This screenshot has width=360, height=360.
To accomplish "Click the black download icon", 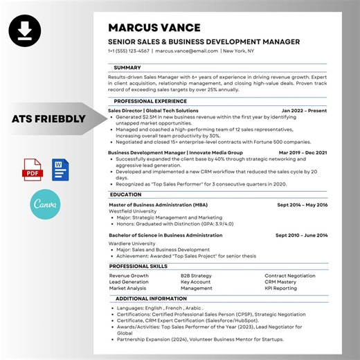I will (x=25, y=30).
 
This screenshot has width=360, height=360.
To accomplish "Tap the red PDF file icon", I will (x=33, y=169).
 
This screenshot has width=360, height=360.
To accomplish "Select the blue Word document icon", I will (x=60, y=169).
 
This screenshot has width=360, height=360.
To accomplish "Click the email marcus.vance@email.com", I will (x=186, y=51).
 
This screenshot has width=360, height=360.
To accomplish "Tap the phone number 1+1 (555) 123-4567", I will (x=129, y=51).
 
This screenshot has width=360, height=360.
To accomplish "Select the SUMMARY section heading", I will (x=127, y=67).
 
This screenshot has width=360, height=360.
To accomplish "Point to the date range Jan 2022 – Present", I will (x=305, y=110).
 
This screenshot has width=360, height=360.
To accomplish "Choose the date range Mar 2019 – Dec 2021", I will (x=303, y=152).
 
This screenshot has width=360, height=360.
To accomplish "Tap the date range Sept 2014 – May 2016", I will (x=303, y=204).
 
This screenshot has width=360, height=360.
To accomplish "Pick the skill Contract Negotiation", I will (x=290, y=276).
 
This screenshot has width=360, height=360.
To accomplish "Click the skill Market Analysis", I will (x=127, y=288).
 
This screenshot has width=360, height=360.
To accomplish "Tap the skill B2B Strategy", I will (x=196, y=276).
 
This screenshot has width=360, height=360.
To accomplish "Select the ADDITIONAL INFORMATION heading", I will (x=148, y=298).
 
